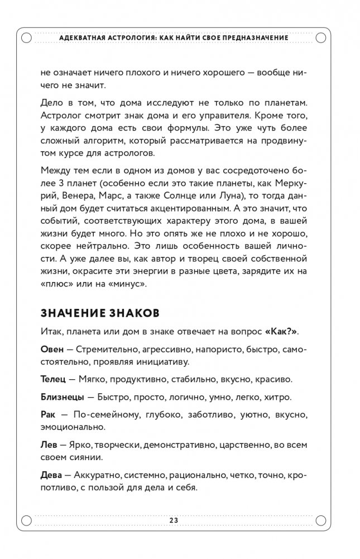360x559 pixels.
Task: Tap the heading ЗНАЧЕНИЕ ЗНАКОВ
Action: pos(100,313)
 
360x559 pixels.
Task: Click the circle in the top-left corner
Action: pos(26,37)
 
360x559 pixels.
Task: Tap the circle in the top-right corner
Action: pos(321,37)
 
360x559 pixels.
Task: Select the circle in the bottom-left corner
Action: pos(26,520)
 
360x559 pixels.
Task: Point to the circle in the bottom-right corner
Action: pos(321,520)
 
